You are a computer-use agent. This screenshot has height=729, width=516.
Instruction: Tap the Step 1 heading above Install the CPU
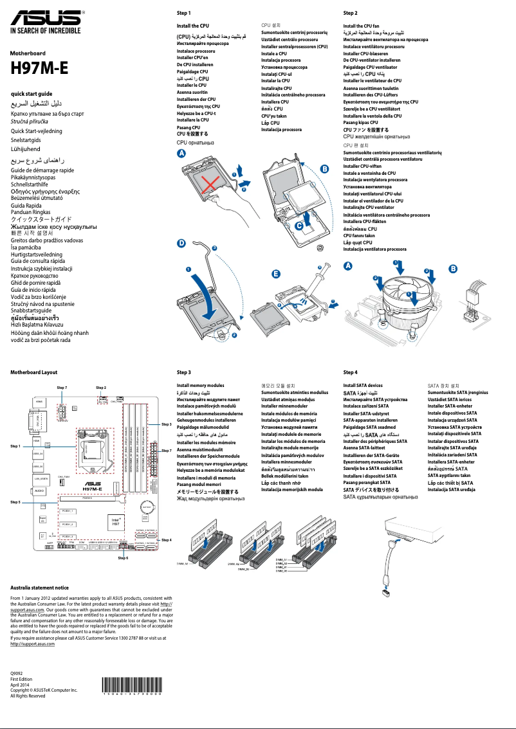[x=183, y=13]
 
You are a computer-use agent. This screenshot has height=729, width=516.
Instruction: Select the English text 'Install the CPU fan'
[x=365, y=26]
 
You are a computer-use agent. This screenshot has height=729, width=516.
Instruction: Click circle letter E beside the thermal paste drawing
[x=276, y=273]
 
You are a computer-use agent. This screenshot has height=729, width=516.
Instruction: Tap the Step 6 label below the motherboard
[x=123, y=558]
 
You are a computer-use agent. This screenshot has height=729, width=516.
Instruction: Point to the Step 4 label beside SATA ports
[x=167, y=539]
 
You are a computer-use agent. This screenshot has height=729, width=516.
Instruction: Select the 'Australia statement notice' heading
[x=40, y=588]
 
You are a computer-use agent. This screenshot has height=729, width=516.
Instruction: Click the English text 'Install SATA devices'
[x=363, y=385]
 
